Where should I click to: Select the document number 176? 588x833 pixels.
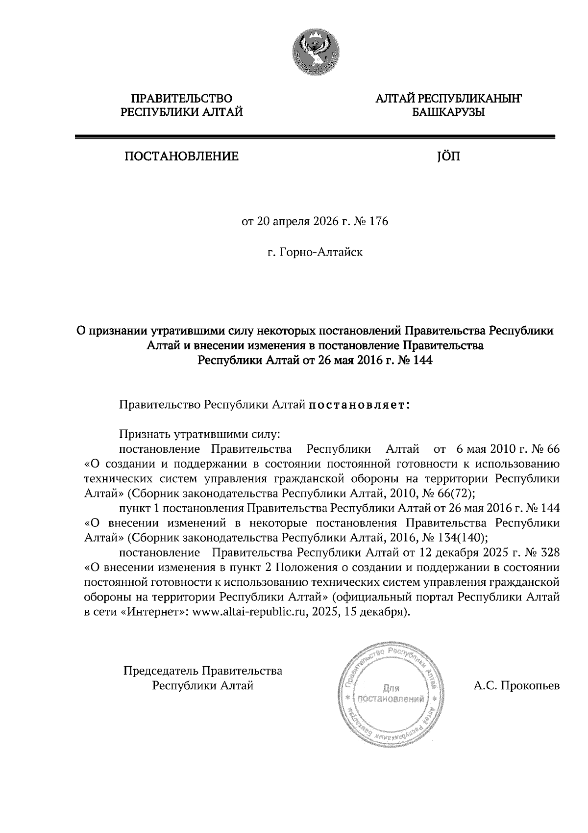(379, 222)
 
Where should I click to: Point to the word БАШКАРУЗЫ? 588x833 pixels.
(448, 113)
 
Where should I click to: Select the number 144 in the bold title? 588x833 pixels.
(423, 361)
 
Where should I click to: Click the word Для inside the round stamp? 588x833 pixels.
(391, 688)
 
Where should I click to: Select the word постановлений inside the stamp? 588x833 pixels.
(391, 699)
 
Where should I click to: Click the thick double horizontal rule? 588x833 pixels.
(315, 137)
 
